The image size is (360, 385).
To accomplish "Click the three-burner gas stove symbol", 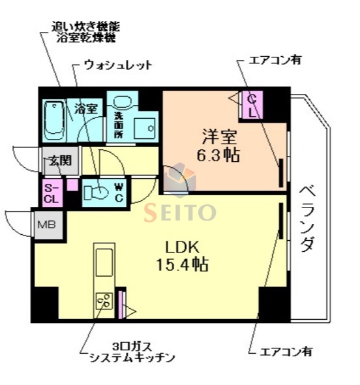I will (103, 301).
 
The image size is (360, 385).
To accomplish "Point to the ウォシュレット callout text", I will (117, 65).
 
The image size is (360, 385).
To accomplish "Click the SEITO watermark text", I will (180, 212).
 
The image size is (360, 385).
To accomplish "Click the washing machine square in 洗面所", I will (145, 128).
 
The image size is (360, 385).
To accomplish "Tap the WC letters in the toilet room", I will (119, 191).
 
